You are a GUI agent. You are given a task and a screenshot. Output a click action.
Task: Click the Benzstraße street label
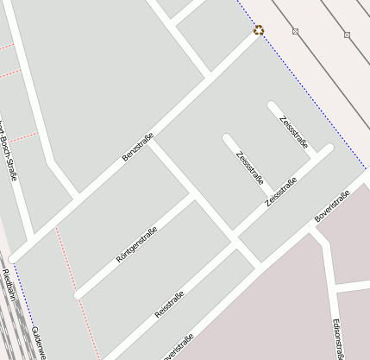[x=138, y=147]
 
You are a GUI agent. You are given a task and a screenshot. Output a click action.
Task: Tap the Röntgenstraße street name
[x=137, y=243]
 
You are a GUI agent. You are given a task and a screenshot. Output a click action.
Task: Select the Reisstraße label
[x=169, y=306]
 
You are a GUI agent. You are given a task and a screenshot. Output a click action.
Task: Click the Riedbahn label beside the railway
[x=8, y=286]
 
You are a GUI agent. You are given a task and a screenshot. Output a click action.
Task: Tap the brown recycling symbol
[x=259, y=31]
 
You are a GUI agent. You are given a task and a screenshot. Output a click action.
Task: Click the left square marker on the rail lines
[x=295, y=32]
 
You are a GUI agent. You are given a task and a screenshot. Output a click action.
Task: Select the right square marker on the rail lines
[x=347, y=35]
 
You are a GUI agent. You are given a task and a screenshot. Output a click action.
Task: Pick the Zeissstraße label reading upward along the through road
[x=281, y=192]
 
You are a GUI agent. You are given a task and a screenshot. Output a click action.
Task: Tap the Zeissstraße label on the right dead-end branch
[x=294, y=131]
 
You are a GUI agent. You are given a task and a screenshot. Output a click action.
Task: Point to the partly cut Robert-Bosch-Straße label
[x=8, y=147]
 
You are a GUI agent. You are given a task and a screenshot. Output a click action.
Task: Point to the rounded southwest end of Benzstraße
[x=14, y=257]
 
